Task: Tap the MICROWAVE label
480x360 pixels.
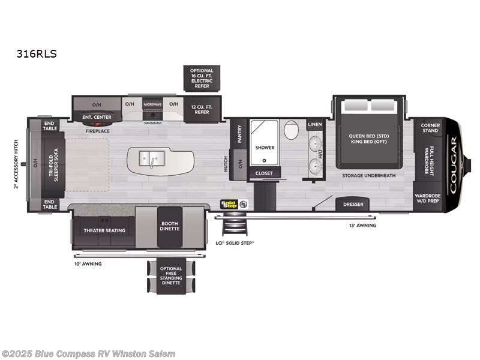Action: pos(153,104)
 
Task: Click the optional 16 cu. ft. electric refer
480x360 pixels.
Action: pos(202,79)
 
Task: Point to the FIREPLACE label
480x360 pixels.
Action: pos(97,130)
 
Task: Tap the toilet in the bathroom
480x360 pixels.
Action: pos(292,130)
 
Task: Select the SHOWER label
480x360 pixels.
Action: pos(265,147)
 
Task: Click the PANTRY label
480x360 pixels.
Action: pos(239,133)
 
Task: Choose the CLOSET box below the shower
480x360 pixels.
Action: pos(264,173)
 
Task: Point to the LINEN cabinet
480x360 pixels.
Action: pos(315,124)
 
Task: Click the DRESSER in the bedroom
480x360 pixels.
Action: pos(353,205)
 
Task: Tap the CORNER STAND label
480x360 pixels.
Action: pos(429,127)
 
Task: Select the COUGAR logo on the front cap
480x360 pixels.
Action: pos(454,164)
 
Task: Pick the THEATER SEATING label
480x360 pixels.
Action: pos(104,230)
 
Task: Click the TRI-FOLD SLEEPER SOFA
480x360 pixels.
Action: pos(53,161)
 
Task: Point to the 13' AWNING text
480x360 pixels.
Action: pos(362,226)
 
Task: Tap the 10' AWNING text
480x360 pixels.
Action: pos(88,263)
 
